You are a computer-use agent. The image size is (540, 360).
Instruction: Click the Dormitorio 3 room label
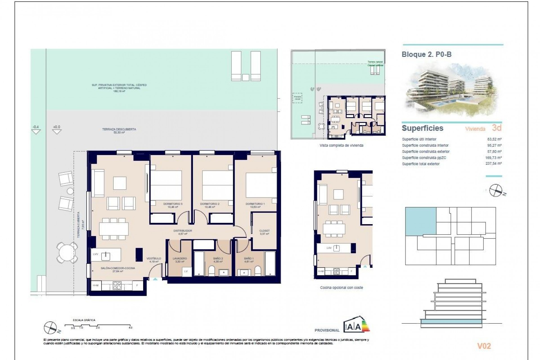coord(173,204)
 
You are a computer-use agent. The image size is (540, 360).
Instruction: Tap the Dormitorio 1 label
coord(255,204)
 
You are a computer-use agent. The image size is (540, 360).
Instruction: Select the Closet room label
coord(264,231)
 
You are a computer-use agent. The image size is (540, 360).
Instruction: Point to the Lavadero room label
coord(180,258)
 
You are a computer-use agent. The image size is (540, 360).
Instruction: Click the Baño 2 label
coord(218,258)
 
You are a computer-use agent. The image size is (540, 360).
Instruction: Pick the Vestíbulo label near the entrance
coord(154,258)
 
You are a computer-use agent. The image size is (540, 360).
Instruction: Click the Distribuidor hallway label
coord(183,231)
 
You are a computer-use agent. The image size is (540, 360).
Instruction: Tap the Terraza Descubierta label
coord(119,129)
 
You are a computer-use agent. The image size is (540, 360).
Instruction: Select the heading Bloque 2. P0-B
coord(426,55)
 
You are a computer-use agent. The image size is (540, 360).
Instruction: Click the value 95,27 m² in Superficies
coord(494,145)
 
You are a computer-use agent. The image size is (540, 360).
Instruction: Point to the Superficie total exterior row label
coord(420,164)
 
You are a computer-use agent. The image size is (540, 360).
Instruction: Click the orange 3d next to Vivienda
coord(497,128)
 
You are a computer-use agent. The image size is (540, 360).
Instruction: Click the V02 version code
coord(484,346)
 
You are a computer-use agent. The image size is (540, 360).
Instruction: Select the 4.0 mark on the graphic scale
coord(130,328)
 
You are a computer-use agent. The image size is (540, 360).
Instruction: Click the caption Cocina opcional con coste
coord(341,288)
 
